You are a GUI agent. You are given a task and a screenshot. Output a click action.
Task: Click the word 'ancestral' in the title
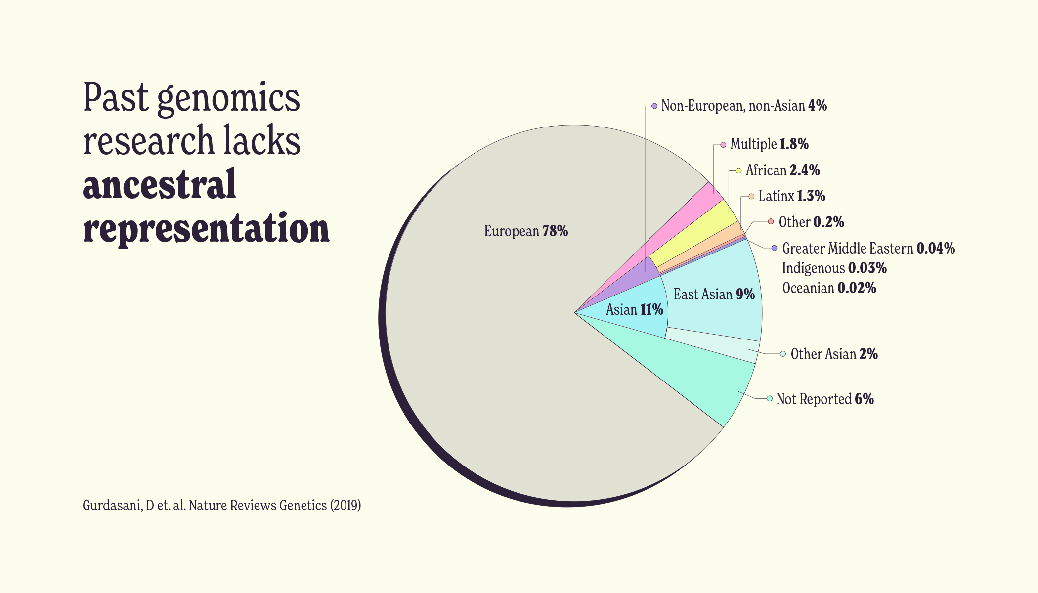coord(159,184)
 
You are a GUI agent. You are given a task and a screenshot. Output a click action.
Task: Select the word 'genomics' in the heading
coord(228,98)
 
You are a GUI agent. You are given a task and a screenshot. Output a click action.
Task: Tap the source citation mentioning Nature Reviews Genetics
coord(221,506)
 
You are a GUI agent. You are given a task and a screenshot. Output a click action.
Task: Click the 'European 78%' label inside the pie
coord(526,231)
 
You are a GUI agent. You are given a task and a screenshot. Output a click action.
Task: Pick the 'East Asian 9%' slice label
coord(714,295)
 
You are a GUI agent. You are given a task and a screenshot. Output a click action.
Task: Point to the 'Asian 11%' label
coord(634,310)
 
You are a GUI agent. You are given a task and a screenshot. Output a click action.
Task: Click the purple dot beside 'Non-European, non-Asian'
coord(654,106)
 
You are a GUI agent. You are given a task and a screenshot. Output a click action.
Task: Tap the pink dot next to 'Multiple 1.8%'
coord(723,144)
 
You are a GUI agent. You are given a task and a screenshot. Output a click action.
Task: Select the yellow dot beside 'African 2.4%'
coord(738,170)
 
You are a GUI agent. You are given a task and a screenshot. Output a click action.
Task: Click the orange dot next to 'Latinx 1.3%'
coord(751,196)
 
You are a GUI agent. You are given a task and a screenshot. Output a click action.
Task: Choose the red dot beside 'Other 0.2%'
coord(771,221)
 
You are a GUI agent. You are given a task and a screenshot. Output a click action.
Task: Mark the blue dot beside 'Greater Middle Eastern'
coord(774,248)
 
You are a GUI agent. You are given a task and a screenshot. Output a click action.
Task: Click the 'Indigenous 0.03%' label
coord(834,268)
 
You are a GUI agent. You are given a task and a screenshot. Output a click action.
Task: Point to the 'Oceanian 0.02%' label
coord(829,288)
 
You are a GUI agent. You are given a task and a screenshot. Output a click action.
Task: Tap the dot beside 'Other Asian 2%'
coord(783,354)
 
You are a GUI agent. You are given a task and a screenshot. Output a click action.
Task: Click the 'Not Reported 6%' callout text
coord(824,399)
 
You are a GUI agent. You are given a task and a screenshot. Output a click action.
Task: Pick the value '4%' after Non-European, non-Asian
coord(818,106)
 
